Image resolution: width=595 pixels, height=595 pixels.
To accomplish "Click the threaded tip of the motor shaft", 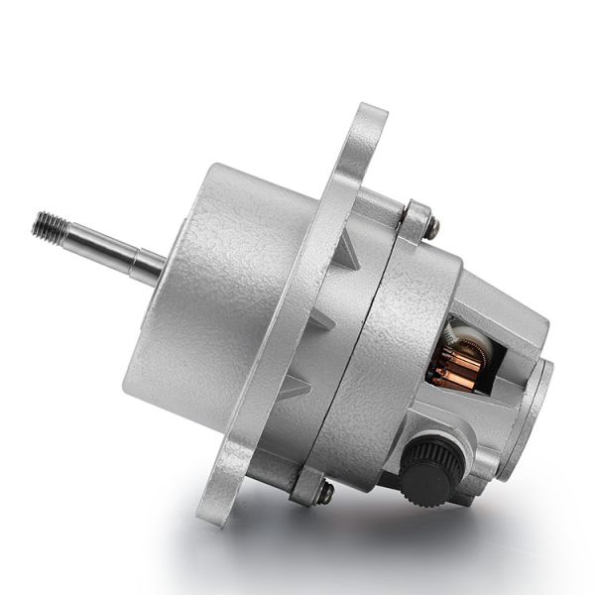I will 48,227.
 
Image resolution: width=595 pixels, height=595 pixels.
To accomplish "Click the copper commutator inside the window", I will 451,367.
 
